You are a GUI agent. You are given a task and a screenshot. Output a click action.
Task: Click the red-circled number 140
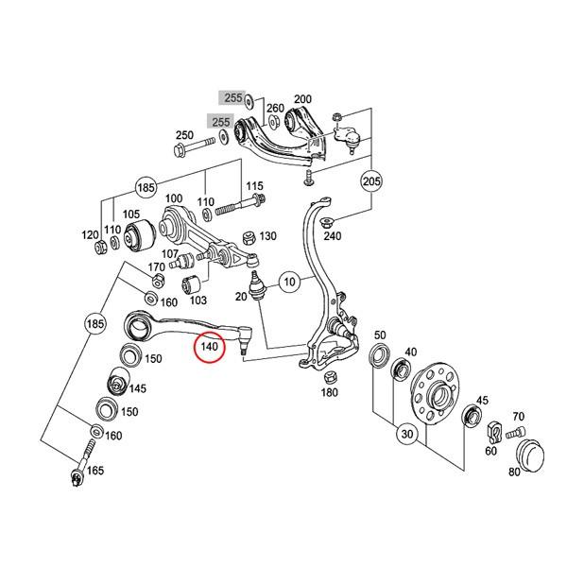(210, 349)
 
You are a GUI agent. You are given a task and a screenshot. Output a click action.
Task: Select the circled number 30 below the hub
(406, 435)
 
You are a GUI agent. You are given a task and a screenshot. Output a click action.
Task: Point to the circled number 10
(288, 281)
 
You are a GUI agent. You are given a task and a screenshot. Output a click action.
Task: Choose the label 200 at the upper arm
(302, 99)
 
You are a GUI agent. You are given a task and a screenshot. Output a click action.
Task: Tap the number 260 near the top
(275, 109)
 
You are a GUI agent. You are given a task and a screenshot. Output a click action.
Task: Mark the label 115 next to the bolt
(255, 185)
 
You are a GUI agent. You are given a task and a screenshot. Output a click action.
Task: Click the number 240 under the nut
(333, 236)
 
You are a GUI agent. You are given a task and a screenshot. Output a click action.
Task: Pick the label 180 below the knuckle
(329, 392)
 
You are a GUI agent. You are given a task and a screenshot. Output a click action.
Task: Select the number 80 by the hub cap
(514, 472)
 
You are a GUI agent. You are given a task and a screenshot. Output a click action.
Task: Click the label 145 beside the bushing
(137, 388)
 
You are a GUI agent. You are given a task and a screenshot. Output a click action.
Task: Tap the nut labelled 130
(248, 236)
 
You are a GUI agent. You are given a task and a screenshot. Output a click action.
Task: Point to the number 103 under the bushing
(198, 301)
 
